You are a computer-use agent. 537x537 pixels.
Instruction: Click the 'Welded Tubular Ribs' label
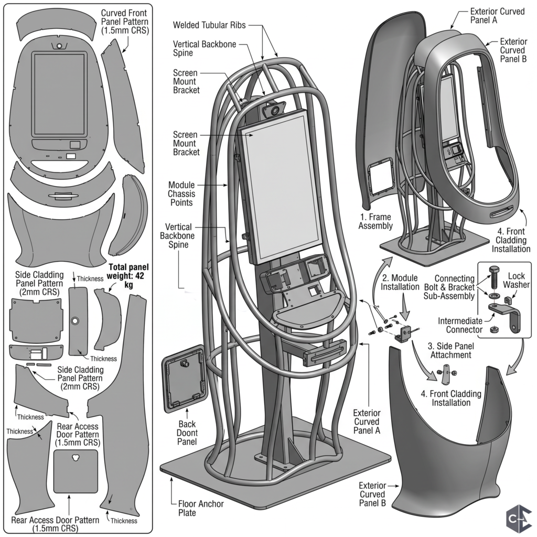[x=209, y=25]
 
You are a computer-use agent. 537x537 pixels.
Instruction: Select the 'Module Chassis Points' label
[x=181, y=194]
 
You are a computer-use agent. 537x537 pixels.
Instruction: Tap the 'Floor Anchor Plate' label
[x=201, y=508]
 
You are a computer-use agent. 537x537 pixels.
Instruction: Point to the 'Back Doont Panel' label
[x=187, y=433]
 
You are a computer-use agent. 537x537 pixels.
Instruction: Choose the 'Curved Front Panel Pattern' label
[x=125, y=22]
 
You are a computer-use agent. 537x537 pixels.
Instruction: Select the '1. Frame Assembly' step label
[x=375, y=221]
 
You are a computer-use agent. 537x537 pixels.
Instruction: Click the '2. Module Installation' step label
[x=400, y=282]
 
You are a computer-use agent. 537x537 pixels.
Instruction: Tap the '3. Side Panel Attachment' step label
[x=451, y=350]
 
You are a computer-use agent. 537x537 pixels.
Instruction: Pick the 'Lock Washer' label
[x=517, y=280]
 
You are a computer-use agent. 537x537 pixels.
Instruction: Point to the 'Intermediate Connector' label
[x=460, y=325]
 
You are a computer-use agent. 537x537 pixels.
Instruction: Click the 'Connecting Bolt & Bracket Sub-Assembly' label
[x=449, y=287]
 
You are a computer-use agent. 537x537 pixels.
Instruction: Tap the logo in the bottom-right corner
[x=519, y=520]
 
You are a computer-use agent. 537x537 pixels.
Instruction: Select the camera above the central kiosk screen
[x=274, y=110]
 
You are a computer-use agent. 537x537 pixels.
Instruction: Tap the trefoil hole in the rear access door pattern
[x=76, y=457]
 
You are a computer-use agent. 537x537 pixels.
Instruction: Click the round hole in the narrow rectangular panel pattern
[x=74, y=321]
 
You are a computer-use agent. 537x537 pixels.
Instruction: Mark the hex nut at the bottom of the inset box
[x=494, y=329]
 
